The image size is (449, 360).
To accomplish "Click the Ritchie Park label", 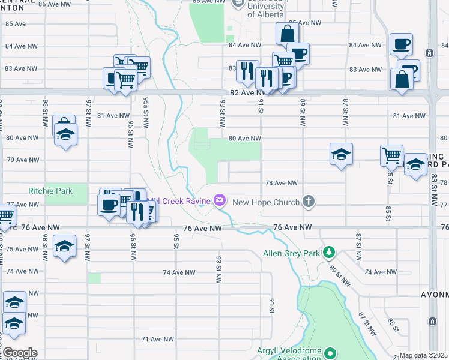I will [50, 191].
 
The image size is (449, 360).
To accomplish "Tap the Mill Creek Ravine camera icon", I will [220, 200].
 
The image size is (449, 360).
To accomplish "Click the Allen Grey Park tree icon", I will [328, 251].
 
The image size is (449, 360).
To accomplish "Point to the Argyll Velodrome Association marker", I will [330, 352].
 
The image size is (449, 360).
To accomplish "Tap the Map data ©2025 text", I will [423, 356].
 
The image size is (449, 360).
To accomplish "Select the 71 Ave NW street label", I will [157, 339].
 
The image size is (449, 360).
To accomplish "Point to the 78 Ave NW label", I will [282, 183].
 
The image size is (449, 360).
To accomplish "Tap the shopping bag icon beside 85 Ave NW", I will [287, 34].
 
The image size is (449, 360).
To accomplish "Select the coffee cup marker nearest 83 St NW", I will [400, 43].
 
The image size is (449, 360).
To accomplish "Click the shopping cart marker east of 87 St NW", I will [391, 155].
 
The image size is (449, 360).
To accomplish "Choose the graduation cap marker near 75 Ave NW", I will [65, 247].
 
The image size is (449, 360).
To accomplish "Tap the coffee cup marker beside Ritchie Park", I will [109, 204].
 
